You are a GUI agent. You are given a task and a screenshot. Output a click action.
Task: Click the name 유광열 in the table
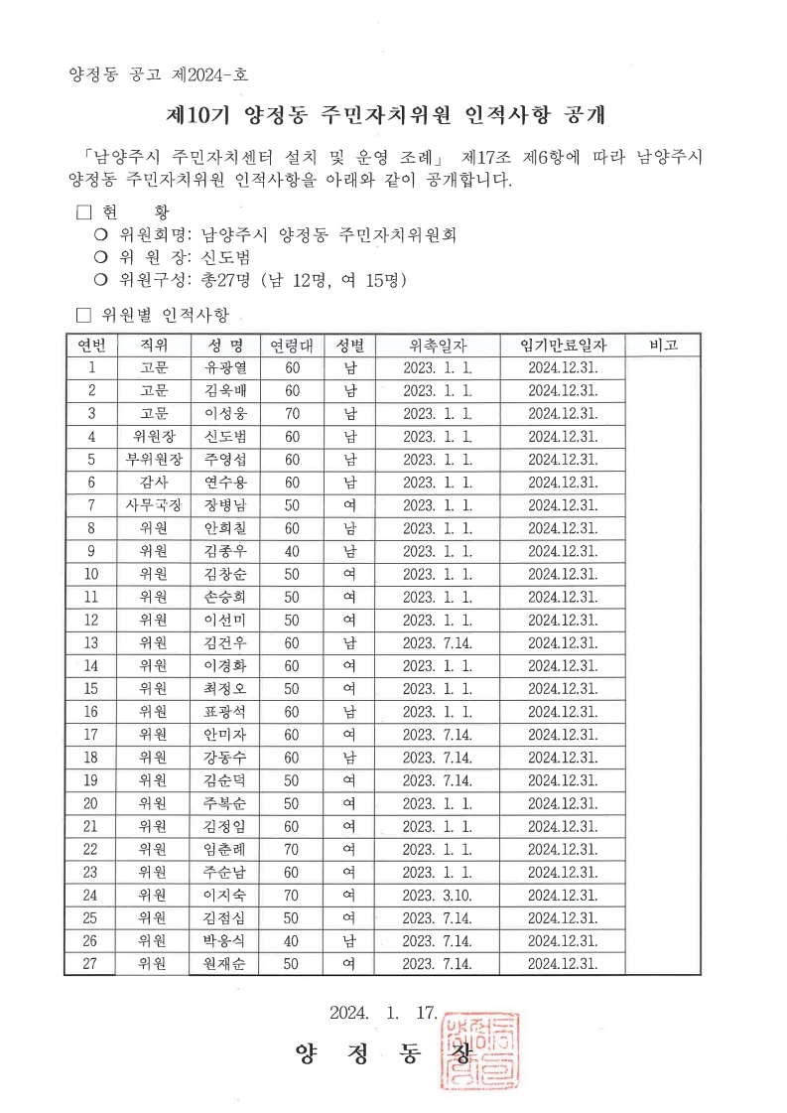tap(224, 367)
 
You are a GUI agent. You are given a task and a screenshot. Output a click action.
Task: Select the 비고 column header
tap(663, 345)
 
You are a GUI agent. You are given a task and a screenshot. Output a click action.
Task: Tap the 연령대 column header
tap(292, 345)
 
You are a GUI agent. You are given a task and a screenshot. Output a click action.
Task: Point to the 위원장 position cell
tap(154, 436)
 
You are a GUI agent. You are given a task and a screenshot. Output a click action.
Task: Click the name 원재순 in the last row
tap(224, 962)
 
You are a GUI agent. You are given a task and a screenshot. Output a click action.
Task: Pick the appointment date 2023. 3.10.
tap(438, 894)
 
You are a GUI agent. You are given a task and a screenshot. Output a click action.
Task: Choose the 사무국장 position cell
tap(154, 504)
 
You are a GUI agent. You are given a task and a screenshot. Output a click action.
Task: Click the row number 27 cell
tap(91, 962)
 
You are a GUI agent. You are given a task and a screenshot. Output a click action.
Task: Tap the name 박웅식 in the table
tap(224, 939)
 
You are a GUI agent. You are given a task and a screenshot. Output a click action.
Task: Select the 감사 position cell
tap(154, 482)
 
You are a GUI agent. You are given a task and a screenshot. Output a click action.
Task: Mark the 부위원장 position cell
tap(154, 459)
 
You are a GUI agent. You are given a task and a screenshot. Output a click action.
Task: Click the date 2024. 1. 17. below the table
tap(383, 1013)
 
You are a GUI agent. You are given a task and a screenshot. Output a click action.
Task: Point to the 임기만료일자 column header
tap(563, 345)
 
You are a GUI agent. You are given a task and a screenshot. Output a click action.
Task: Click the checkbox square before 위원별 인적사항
tap(83, 315)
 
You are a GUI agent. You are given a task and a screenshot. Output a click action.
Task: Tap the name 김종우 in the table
tap(224, 550)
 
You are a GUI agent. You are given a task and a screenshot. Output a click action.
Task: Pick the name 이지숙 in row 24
tap(224, 894)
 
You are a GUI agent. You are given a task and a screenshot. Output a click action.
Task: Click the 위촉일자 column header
tap(438, 345)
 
